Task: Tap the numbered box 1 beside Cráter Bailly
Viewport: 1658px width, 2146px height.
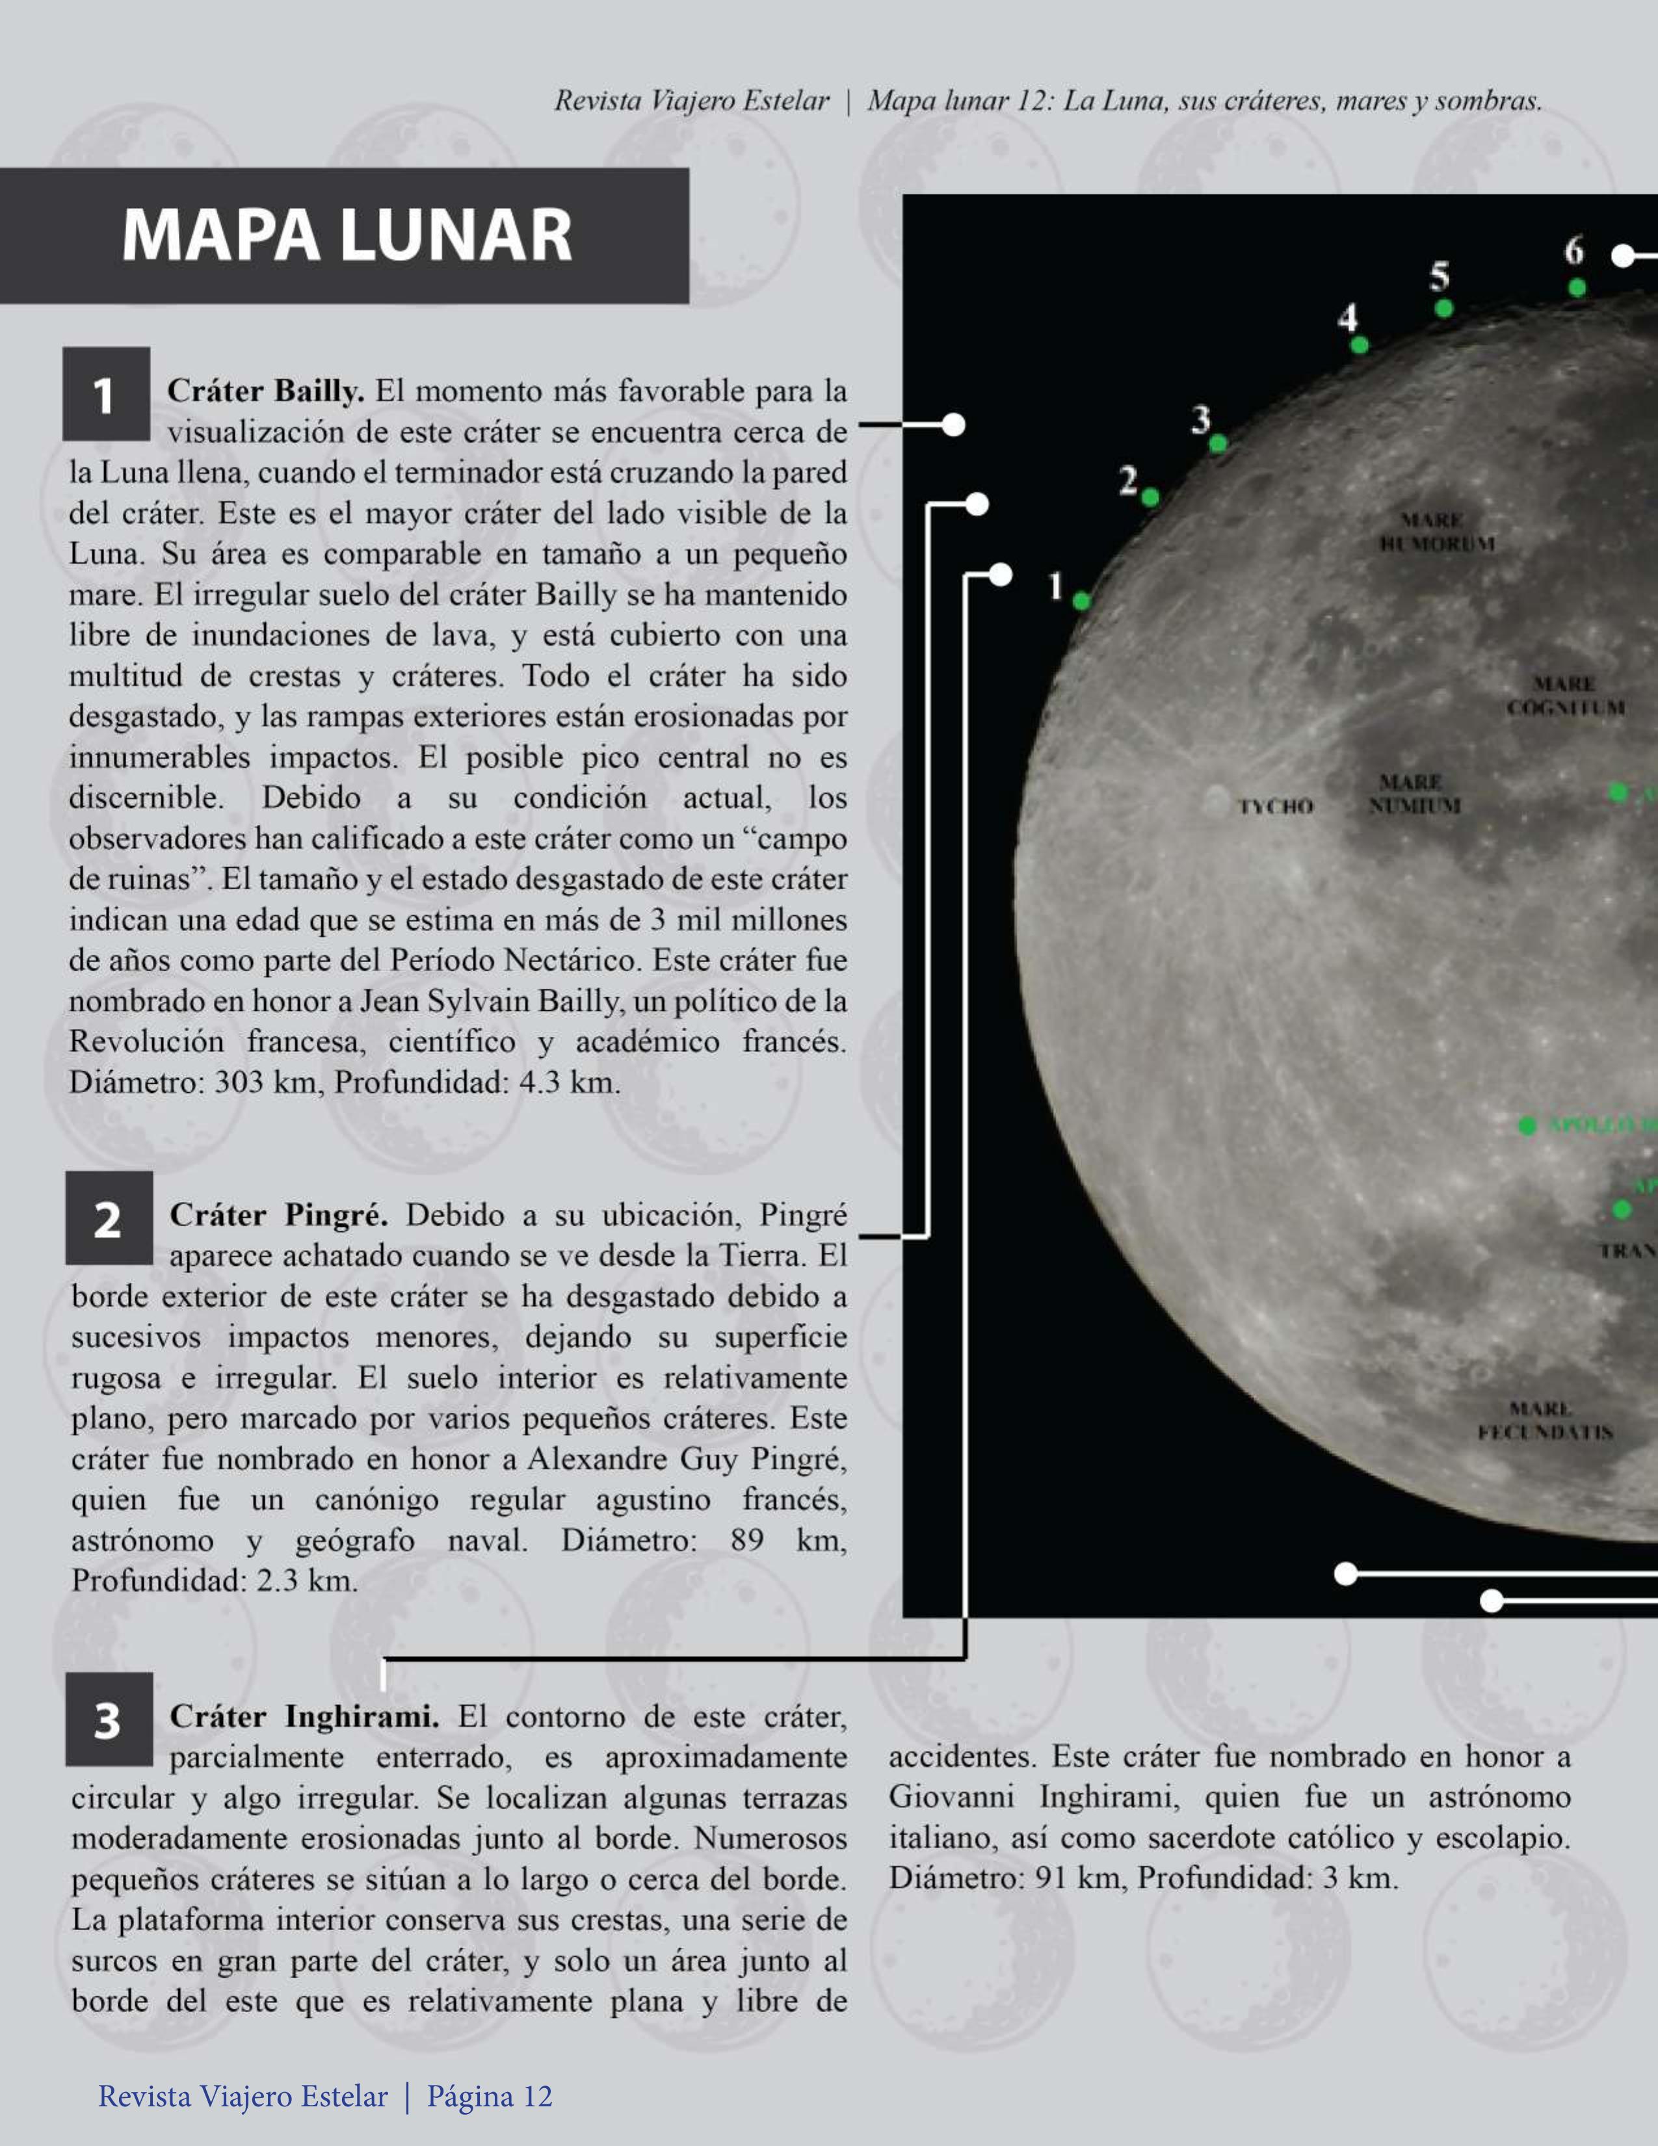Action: tap(106, 394)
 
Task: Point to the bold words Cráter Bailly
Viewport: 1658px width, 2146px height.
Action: tap(265, 391)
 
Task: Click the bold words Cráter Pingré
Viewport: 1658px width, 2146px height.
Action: tap(278, 1216)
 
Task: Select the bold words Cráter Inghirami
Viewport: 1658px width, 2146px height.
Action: tap(304, 1716)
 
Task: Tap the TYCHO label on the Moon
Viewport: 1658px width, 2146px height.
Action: tap(1274, 807)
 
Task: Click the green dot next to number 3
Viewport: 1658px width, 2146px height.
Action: tap(1218, 443)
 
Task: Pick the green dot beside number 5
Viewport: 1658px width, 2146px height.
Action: tap(1443, 309)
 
